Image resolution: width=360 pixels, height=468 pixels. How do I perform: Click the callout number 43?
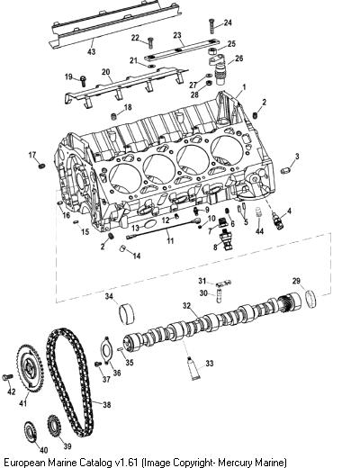tap(91, 51)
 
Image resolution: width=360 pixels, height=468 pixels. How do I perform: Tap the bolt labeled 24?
tap(211, 26)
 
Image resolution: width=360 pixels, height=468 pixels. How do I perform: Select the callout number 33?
tap(210, 364)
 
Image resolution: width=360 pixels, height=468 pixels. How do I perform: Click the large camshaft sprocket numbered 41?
tap(30, 368)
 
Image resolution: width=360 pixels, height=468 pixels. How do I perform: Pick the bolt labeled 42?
tap(7, 377)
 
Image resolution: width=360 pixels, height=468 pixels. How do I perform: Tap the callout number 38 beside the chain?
tap(106, 405)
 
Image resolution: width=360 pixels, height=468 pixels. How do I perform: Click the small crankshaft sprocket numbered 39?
tap(54, 426)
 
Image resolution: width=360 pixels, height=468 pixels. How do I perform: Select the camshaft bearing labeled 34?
tap(127, 314)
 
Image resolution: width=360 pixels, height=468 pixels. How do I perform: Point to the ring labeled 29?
tap(311, 299)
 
